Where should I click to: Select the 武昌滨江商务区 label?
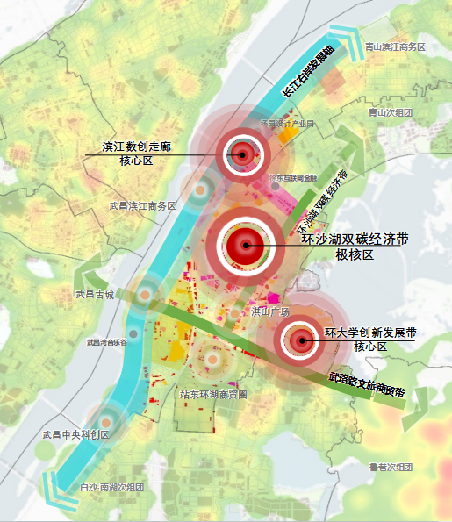pos(142,205)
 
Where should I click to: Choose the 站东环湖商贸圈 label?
pos(212,394)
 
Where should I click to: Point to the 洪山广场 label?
pos(270,311)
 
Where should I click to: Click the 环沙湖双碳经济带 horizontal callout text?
pos(355,239)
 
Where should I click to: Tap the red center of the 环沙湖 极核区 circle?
pos(246,247)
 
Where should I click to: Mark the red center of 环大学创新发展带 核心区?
pos(303,340)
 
